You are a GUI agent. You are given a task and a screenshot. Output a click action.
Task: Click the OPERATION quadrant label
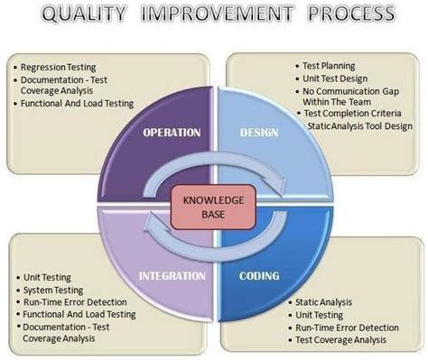pos(171,133)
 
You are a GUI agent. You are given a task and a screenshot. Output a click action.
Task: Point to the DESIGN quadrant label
pos(259,133)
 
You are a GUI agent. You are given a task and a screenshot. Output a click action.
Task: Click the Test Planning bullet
pos(329,66)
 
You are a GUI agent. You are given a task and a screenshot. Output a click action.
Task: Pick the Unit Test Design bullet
pos(334,78)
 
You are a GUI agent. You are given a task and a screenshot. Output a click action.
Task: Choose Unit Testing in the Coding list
pos(320,315)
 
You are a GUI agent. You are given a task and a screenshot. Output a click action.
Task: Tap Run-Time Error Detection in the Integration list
pos(75,302)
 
